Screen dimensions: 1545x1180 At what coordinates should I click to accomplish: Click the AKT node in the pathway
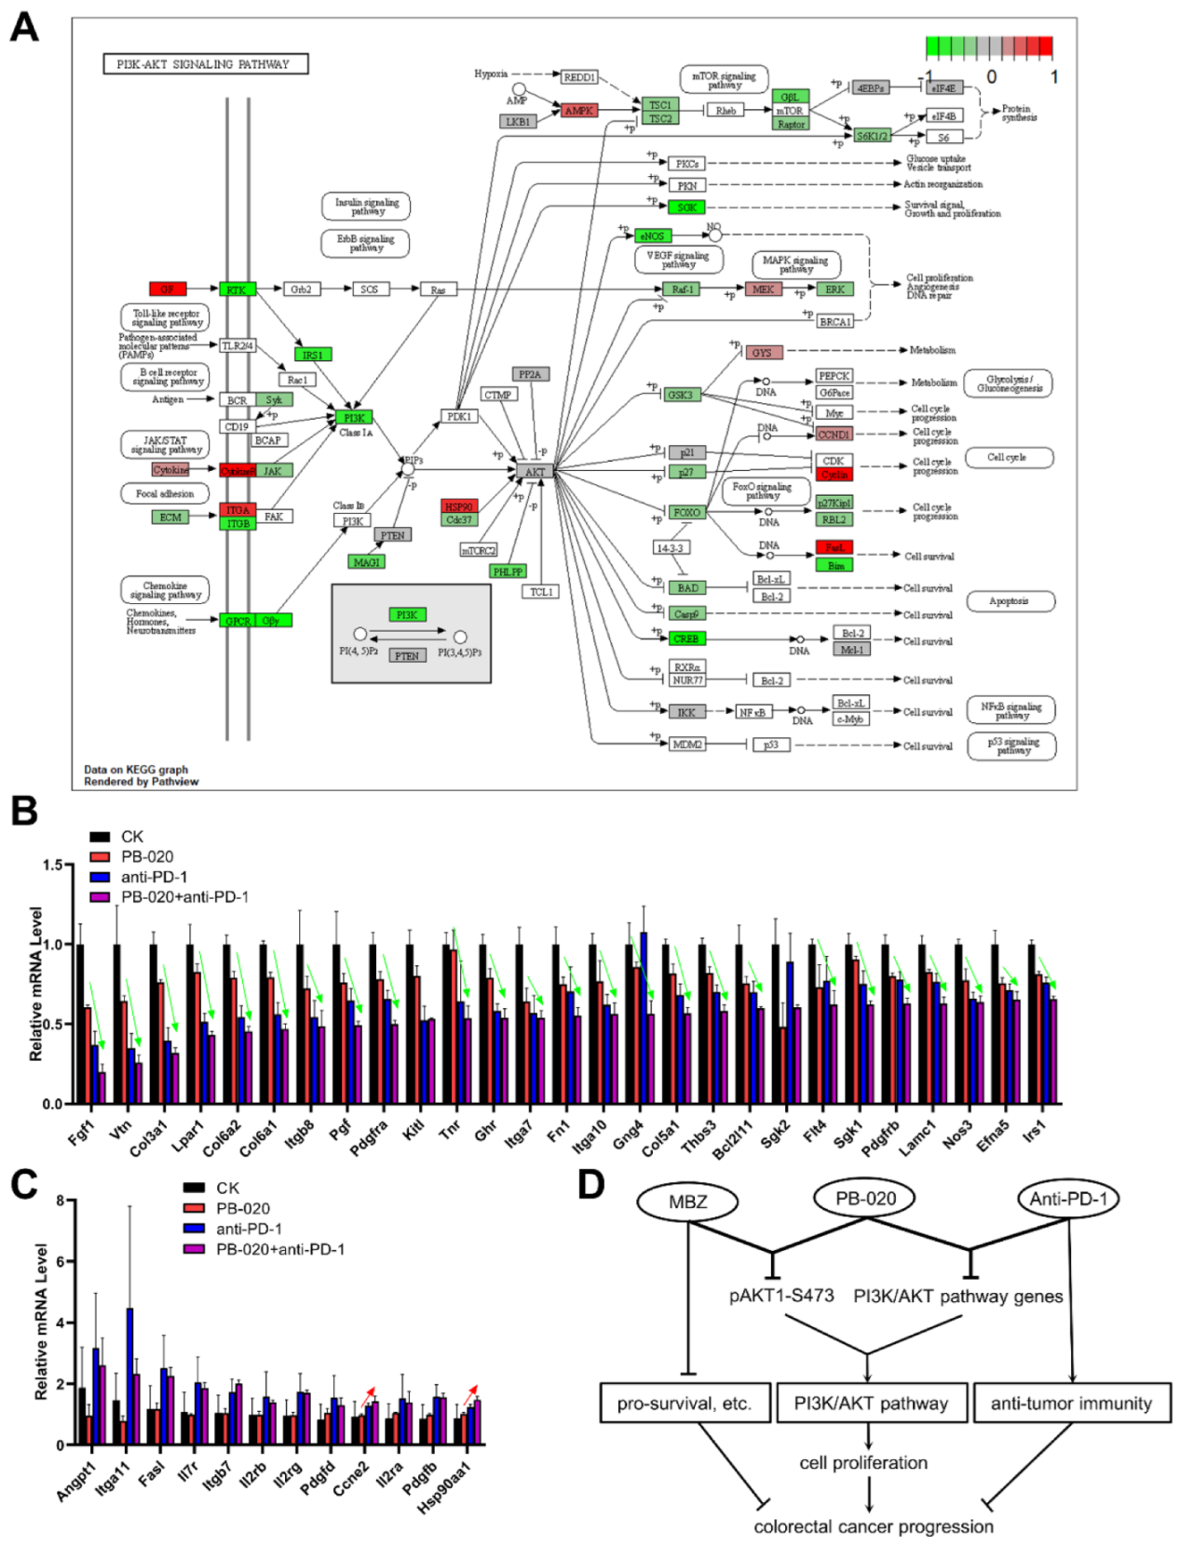(x=535, y=472)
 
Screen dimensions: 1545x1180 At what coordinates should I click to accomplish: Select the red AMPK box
(x=578, y=111)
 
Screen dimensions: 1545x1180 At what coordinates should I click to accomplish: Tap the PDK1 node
(x=458, y=417)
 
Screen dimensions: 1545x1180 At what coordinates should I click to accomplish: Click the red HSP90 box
(x=459, y=506)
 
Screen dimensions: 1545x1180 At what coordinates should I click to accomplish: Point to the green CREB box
(x=687, y=639)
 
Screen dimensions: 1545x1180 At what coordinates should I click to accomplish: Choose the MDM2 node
(x=687, y=745)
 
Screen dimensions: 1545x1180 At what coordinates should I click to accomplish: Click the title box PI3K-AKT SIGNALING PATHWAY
(x=205, y=64)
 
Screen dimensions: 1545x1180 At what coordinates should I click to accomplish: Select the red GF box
(x=168, y=289)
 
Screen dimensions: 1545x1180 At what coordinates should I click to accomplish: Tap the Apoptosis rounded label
(x=1010, y=601)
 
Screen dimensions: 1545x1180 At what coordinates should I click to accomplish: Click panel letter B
(x=24, y=811)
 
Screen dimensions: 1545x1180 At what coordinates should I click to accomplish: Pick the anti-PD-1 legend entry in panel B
(x=154, y=877)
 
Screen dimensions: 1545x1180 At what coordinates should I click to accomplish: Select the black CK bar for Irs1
(x=1031, y=1024)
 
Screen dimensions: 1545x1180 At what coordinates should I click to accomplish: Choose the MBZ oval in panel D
(x=687, y=1202)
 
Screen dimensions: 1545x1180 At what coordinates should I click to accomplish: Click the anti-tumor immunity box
(x=1071, y=1404)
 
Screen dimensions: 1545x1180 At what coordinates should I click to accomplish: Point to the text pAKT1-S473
(x=781, y=1296)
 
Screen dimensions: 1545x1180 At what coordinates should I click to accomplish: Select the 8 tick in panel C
(x=61, y=1201)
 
